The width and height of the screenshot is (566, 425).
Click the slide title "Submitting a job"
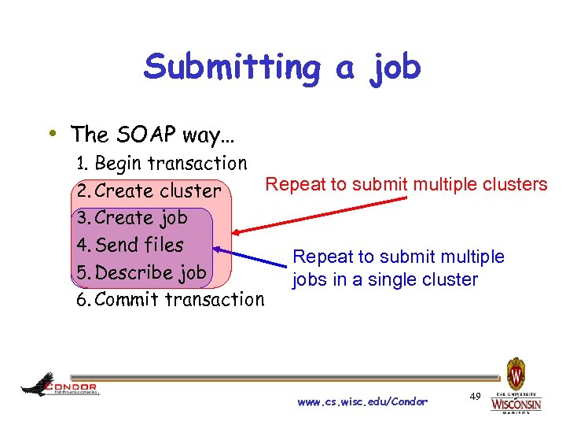tap(282, 68)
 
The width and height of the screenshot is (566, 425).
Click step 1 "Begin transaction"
tap(161, 163)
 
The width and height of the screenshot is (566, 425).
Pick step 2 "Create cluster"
tap(149, 190)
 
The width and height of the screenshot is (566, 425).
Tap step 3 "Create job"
tap(131, 218)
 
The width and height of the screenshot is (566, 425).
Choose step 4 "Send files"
tap(130, 245)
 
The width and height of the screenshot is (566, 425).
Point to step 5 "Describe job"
tap(141, 272)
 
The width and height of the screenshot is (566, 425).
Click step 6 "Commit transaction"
tap(170, 300)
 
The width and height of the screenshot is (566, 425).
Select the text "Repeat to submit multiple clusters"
tap(406, 184)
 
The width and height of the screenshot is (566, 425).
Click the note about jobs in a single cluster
tap(398, 268)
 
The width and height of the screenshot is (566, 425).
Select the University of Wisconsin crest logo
tap(516, 371)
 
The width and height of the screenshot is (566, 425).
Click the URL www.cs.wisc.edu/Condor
tap(362, 402)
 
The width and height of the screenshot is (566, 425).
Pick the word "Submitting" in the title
tap(233, 68)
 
